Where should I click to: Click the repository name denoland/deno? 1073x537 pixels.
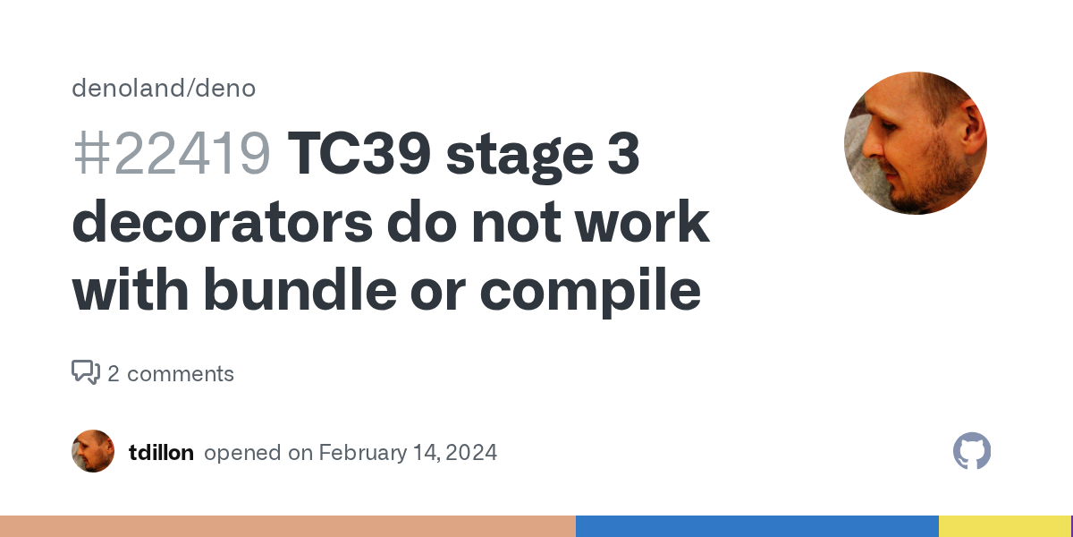coord(164,89)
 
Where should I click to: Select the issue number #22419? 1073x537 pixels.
coord(171,155)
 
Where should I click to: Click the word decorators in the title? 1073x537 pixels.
coord(221,223)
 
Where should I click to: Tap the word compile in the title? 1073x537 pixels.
coord(589,291)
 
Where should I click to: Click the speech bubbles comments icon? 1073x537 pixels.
coord(86,372)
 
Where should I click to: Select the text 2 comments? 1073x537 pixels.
coord(171,374)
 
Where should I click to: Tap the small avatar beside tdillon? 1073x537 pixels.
coord(93,451)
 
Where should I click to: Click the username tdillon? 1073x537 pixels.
coord(161,453)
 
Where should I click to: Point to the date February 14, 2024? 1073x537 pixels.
coord(408,453)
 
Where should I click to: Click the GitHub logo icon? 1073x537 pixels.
coord(972,451)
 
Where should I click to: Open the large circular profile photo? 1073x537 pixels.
coord(915,143)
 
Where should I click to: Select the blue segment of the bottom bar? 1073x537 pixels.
coord(756,526)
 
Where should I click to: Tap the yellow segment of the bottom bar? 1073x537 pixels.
coord(1003,526)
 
